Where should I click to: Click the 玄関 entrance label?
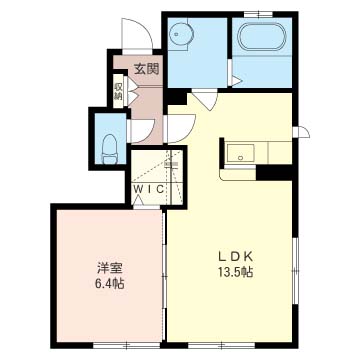point(146,69)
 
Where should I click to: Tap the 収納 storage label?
point(118,91)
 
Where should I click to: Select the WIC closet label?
point(149,189)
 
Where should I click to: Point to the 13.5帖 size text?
point(235,273)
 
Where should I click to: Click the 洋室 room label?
point(110,268)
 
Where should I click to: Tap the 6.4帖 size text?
point(110,284)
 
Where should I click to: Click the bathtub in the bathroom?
point(263,37)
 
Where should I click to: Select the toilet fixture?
point(109,149)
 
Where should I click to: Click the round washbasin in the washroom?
point(181,34)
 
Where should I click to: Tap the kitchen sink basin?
point(241,153)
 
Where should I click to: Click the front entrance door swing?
point(137,34)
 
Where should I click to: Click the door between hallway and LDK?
point(180,128)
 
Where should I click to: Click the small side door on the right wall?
point(302,132)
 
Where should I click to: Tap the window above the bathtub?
point(258,14)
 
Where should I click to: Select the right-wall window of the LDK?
point(295,271)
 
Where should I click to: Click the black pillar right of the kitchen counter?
point(274,172)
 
